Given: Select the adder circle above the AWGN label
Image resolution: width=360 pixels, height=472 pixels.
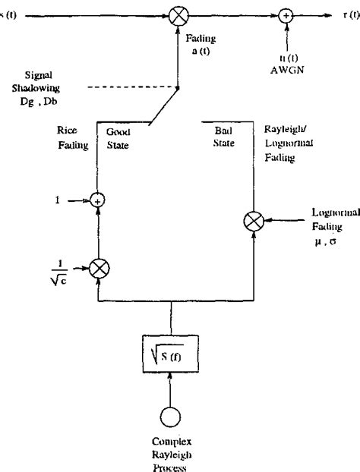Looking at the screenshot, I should click(287, 15).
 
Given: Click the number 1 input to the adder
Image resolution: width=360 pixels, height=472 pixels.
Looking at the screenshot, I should click(58, 200).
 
